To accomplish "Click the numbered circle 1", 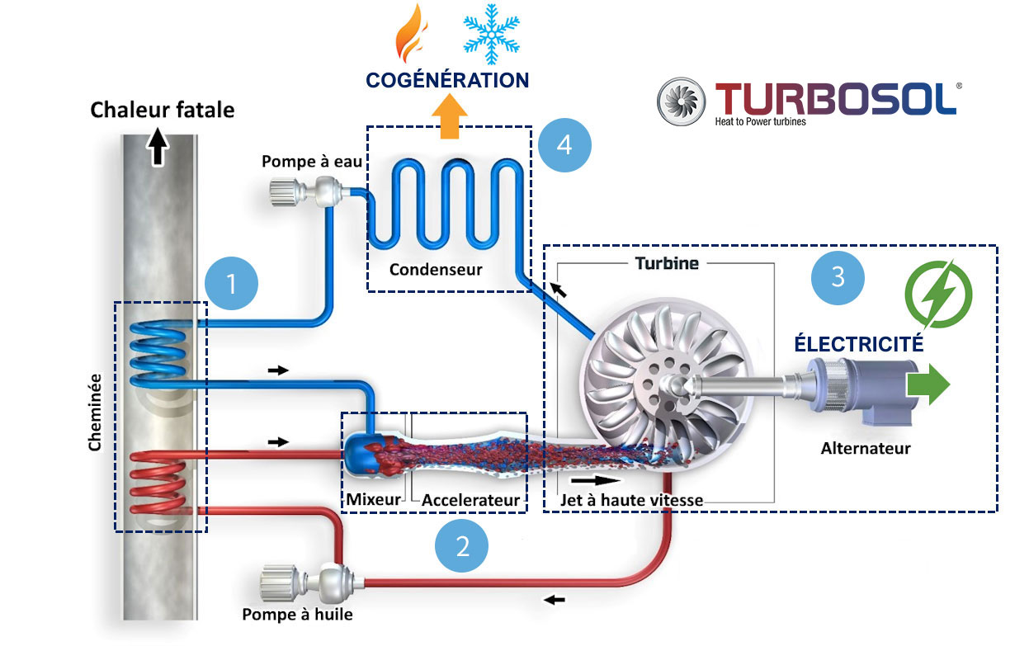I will coord(232,284).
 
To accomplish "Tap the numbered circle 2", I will coord(462,545).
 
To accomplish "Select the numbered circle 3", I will coord(838,276).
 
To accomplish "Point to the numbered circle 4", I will coord(564,145).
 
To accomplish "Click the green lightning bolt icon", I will coord(939,293).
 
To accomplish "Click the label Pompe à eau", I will coord(312,162).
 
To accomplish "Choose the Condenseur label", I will coord(436,270).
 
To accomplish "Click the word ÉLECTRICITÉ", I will coord(858,343).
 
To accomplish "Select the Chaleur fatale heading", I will coord(163,110).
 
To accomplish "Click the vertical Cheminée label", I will coord(95,413).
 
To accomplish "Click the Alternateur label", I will coord(865,448).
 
